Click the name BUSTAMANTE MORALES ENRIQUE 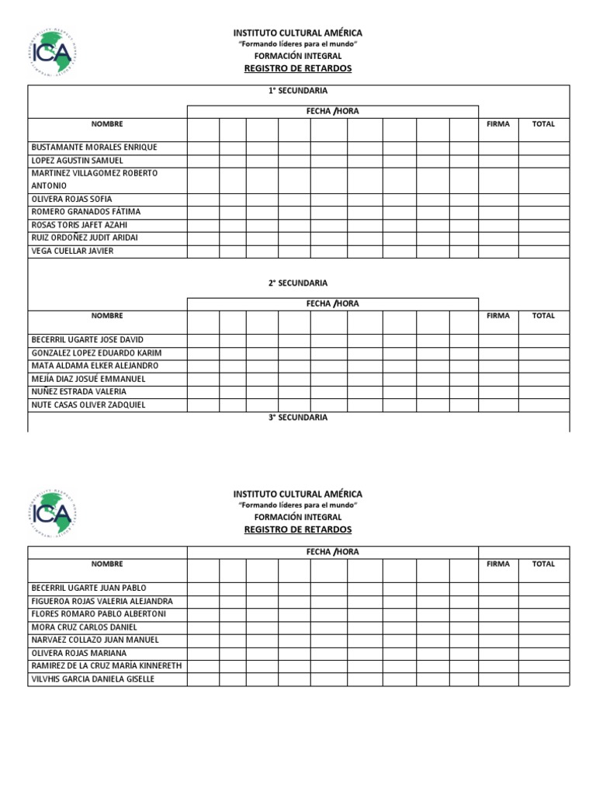(94, 148)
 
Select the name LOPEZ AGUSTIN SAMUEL (77, 161)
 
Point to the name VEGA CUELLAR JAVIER (72, 251)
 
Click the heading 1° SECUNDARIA (298, 92)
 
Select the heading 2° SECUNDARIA (298, 283)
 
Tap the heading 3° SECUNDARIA (298, 418)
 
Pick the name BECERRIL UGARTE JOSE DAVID (87, 340)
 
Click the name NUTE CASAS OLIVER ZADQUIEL (88, 405)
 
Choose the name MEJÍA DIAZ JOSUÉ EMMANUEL (88, 379)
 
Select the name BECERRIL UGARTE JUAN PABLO (88, 588)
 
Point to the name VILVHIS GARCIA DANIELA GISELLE (93, 679)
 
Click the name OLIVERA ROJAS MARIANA (78, 654)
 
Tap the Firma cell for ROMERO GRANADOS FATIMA (498, 212)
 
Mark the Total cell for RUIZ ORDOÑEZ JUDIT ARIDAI (544, 238)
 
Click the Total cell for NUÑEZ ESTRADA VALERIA (544, 392)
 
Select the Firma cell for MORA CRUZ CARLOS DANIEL (498, 627)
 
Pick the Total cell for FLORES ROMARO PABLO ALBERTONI (544, 614)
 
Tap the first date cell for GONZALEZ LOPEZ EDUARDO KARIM (203, 353)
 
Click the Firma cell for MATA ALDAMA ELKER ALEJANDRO (498, 366)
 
